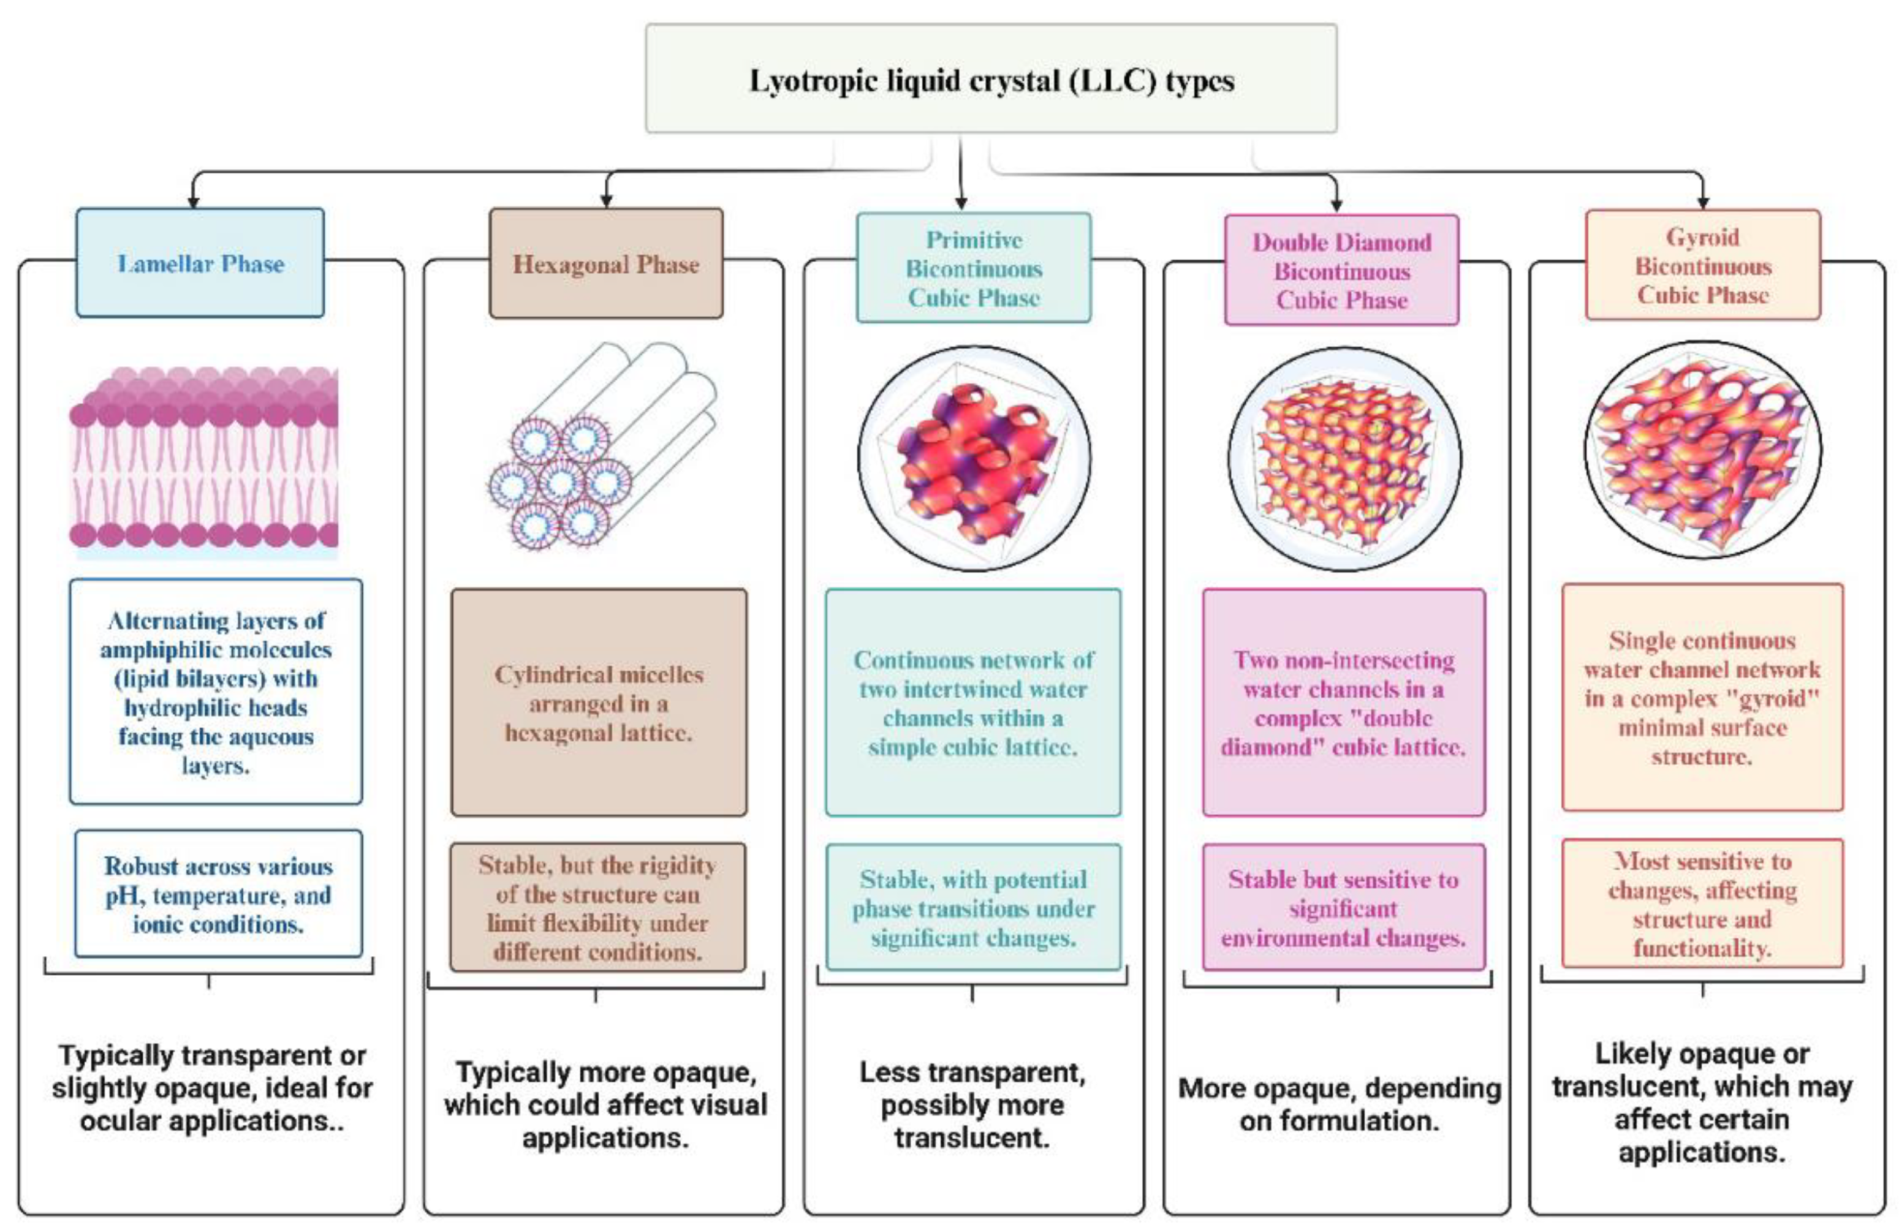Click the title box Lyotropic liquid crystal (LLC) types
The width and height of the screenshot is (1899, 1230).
click(990, 78)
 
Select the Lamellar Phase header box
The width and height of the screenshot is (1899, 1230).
click(200, 263)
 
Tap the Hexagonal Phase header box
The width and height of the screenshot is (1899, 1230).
click(605, 264)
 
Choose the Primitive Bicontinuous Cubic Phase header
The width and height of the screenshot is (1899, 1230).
click(974, 268)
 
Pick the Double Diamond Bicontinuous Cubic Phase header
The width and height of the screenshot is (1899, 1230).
click(1341, 270)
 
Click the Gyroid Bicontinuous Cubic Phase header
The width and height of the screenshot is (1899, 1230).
click(1703, 266)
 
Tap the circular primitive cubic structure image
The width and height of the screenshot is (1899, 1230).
click(974, 459)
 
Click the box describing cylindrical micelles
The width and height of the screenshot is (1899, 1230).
click(599, 703)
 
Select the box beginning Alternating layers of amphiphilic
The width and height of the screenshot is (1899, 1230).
click(216, 692)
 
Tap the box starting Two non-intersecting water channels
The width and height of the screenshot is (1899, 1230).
click(1344, 703)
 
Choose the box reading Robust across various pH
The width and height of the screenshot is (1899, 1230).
click(218, 894)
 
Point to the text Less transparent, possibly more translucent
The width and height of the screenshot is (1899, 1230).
click(972, 1105)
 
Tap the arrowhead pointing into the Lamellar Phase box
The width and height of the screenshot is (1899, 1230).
click(193, 203)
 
